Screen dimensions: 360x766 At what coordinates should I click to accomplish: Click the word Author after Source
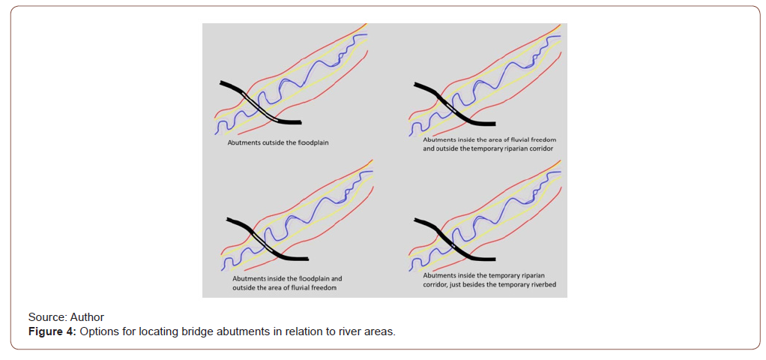point(87,317)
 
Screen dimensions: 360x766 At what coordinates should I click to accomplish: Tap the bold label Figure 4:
point(52,331)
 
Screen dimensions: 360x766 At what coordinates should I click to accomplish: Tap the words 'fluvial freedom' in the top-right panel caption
point(530,140)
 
